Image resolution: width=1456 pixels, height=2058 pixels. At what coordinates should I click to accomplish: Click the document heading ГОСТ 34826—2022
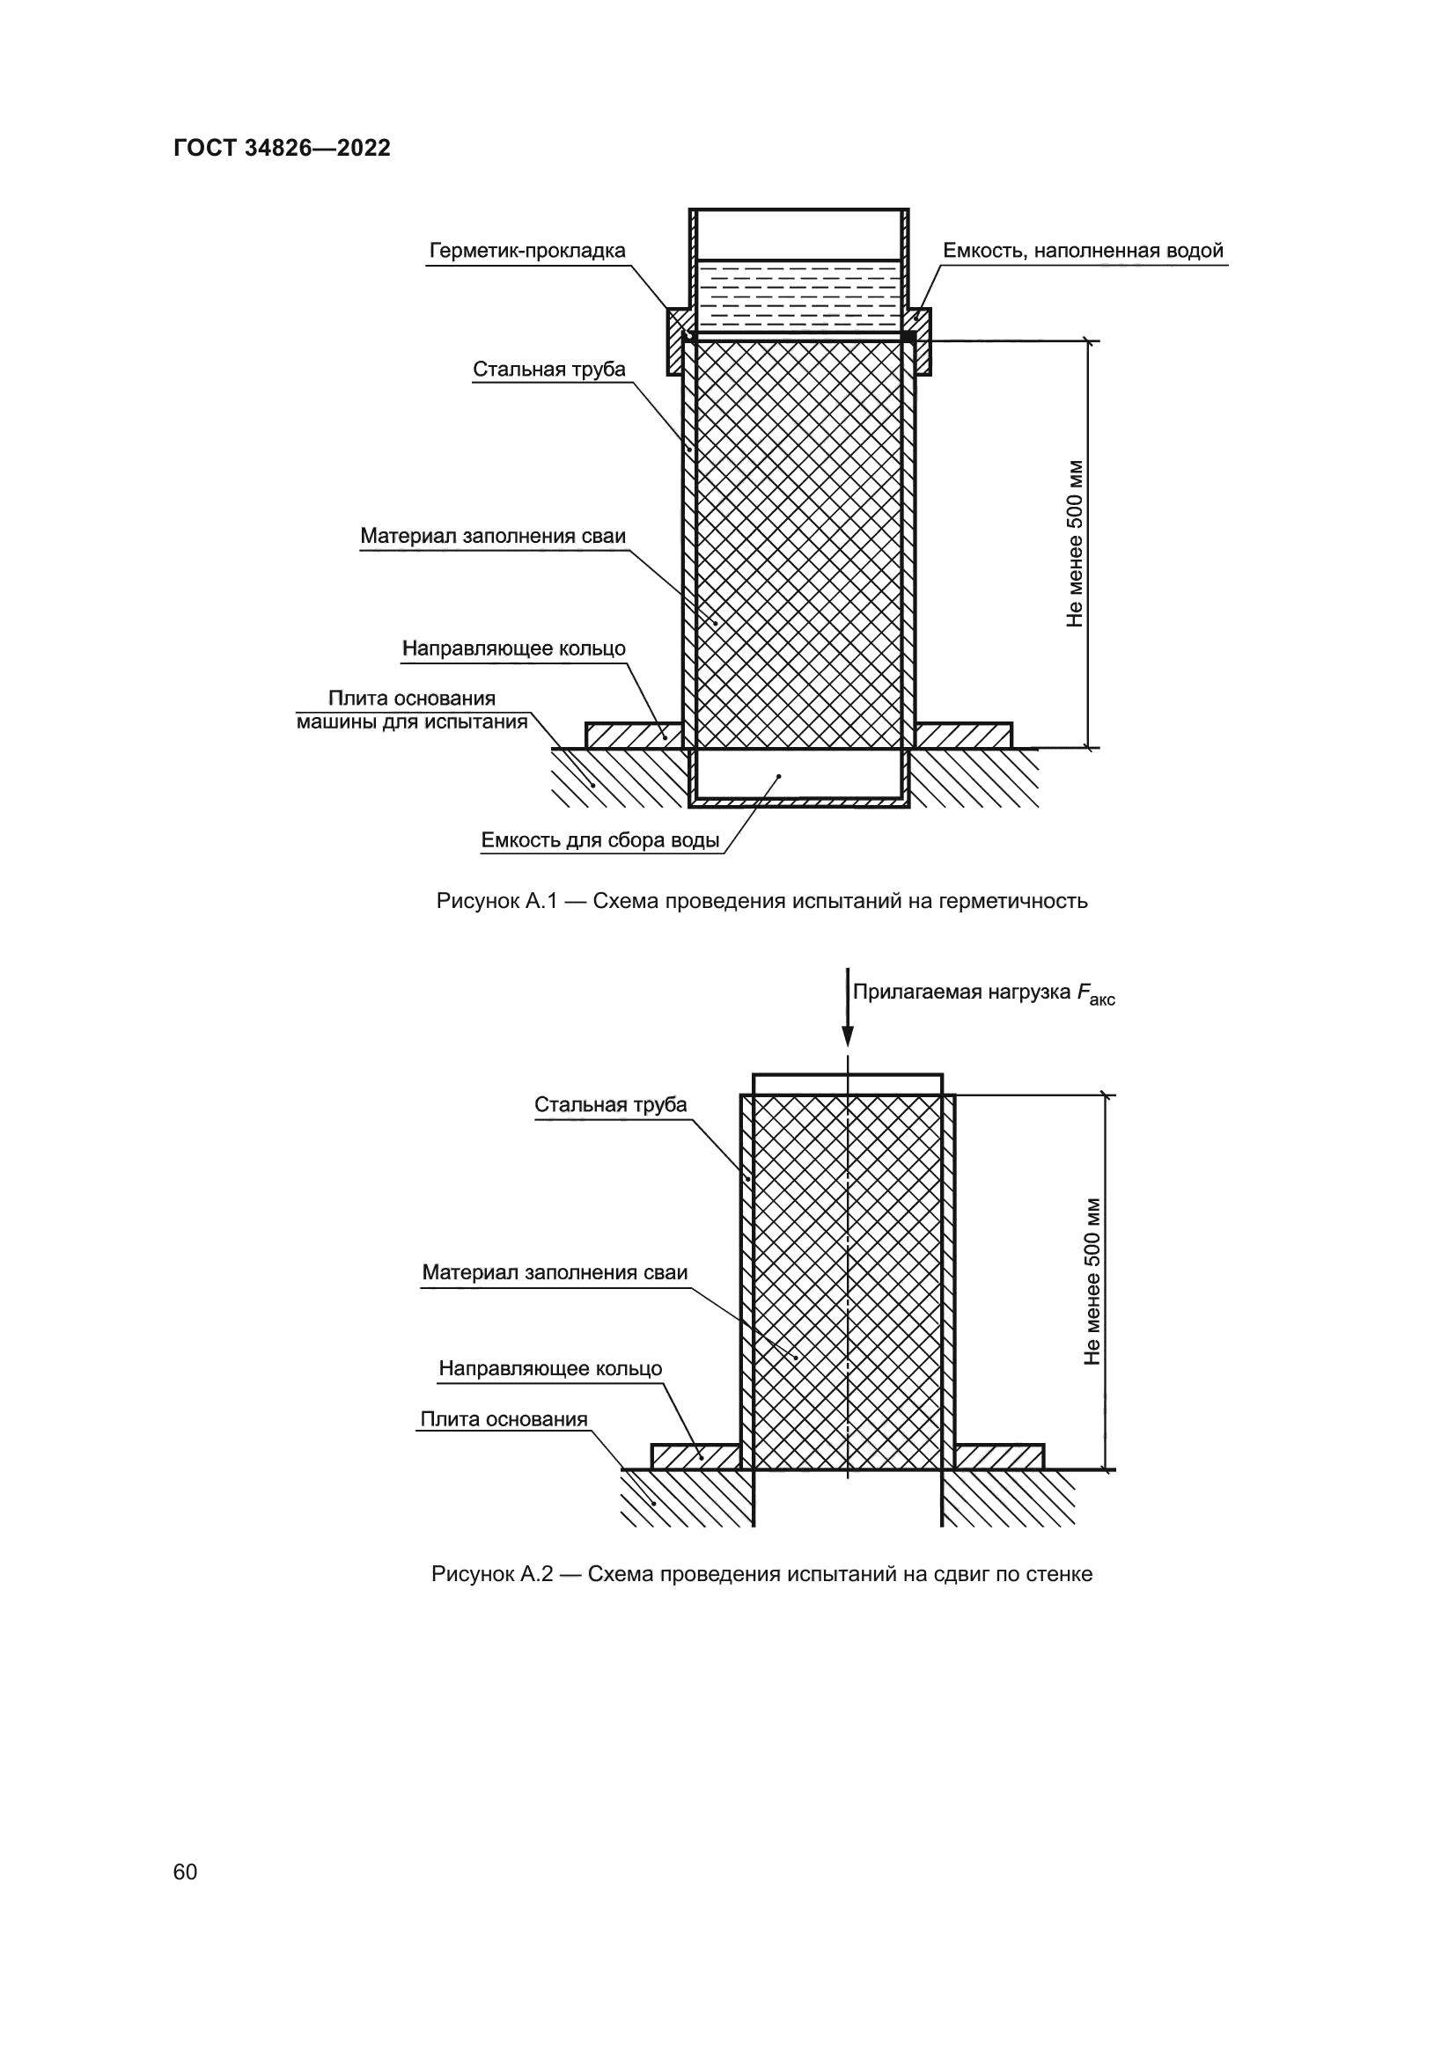pyautogui.click(x=282, y=148)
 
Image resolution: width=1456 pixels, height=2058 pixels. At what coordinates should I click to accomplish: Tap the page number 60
pyautogui.click(x=185, y=1871)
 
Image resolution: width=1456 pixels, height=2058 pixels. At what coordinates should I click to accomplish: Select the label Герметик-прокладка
pyautogui.click(x=527, y=251)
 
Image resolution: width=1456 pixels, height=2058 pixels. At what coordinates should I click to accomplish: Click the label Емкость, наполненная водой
pyautogui.click(x=1083, y=251)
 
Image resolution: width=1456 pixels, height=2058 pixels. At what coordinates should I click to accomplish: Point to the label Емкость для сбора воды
pyautogui.click(x=599, y=841)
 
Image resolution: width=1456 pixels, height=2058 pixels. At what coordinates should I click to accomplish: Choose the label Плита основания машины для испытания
pyautogui.click(x=412, y=710)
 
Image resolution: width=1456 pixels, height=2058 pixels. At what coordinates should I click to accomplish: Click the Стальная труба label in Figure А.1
pyautogui.click(x=548, y=370)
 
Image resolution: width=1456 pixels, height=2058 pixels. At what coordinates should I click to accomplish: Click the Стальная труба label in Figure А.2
pyautogui.click(x=611, y=1104)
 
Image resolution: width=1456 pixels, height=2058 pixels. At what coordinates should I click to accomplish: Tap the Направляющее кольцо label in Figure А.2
pyautogui.click(x=550, y=1368)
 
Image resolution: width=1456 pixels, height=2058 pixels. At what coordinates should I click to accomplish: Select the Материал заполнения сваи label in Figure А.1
pyautogui.click(x=493, y=536)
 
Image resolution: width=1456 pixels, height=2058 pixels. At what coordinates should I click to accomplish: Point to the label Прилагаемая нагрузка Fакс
pyautogui.click(x=982, y=993)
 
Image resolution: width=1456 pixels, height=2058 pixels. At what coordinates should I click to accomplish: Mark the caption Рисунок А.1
pyautogui.click(x=762, y=901)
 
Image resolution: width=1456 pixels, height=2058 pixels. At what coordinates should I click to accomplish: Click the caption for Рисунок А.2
pyautogui.click(x=762, y=1574)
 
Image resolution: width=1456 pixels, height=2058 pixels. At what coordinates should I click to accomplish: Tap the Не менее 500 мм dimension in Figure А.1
pyautogui.click(x=1075, y=543)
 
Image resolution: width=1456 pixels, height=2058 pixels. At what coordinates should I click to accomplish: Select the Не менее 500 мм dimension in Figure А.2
pyautogui.click(x=1092, y=1282)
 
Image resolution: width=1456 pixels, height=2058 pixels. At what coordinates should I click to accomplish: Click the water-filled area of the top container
pyautogui.click(x=798, y=296)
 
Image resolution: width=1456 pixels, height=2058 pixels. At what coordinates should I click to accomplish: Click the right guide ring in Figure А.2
pyautogui.click(x=999, y=1456)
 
